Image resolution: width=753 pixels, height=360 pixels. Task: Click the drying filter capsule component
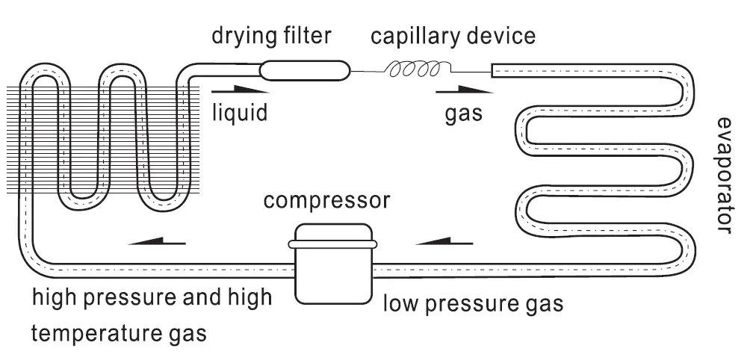coord(303,70)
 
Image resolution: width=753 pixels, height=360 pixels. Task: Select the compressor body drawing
coord(333,264)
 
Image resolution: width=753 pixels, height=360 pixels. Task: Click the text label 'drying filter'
coord(271,36)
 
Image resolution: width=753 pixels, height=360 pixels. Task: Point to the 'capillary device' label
coord(453,37)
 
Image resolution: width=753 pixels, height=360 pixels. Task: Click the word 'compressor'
coord(326,201)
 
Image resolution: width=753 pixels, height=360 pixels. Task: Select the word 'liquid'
coord(240,114)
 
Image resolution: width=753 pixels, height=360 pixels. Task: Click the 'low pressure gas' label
coord(473,304)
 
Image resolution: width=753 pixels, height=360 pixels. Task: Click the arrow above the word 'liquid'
coord(240,89)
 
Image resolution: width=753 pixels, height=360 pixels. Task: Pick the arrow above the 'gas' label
coord(465,89)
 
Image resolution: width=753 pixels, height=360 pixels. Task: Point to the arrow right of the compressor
coord(444,241)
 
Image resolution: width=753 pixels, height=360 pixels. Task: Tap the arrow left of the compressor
coord(157,241)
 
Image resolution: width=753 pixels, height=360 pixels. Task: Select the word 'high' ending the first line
coord(250,297)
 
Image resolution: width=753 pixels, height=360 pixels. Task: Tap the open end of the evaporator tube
coord(492,70)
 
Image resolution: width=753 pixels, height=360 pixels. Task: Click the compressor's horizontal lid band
coord(333,244)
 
